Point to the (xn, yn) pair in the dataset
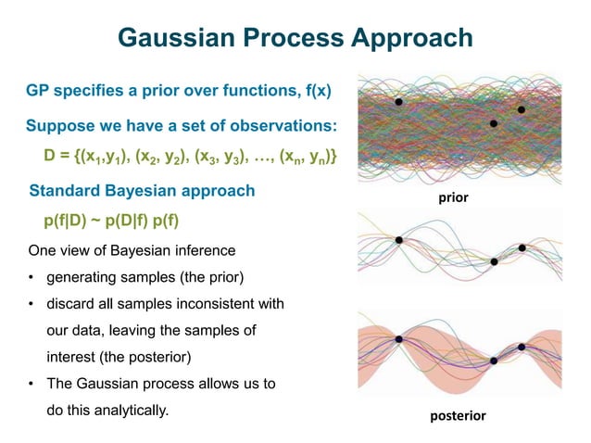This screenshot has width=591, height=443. [307, 158]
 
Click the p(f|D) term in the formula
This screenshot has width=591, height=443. [66, 222]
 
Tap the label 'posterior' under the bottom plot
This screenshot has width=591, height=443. [458, 416]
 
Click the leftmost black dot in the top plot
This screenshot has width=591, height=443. [398, 102]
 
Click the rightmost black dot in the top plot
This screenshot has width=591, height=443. [522, 109]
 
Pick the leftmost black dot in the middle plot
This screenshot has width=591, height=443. [398, 240]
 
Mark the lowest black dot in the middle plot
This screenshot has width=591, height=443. [494, 262]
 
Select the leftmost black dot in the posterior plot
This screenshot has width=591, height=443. [398, 339]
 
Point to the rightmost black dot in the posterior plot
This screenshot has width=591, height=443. [522, 347]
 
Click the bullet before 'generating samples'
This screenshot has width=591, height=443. [31, 277]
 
